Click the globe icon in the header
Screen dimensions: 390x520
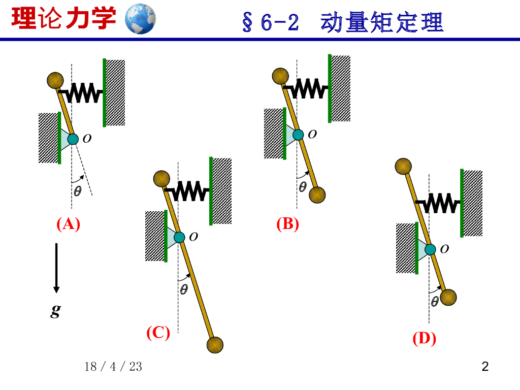point(140,19)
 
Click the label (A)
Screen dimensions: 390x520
point(68,224)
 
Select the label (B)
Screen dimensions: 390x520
point(287,224)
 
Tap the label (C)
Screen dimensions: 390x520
point(158,333)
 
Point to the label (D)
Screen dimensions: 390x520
point(424,339)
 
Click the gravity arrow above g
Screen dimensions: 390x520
point(56,268)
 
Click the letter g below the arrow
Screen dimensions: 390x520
point(56,311)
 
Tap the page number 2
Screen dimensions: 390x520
point(485,366)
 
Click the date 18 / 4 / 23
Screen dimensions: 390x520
point(114,367)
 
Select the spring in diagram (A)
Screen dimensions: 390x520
point(83,92)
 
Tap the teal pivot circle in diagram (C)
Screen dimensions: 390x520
point(179,237)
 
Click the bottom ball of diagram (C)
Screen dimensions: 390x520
point(215,344)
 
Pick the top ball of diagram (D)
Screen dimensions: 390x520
point(403,167)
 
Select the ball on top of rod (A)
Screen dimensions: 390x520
point(55,80)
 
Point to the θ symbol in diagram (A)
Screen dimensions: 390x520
point(78,191)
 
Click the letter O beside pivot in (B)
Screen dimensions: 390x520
point(312,134)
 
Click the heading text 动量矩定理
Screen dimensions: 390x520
point(382,23)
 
